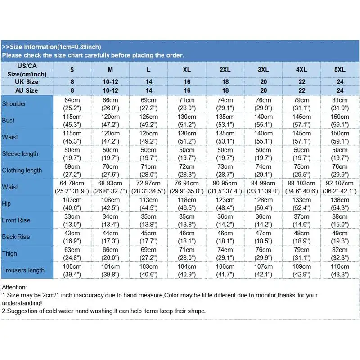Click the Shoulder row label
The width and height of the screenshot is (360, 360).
tap(14, 104)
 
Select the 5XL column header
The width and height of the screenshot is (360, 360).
tap(340, 70)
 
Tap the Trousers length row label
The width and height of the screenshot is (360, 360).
tap(23, 270)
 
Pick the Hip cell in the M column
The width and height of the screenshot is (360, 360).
tap(110, 203)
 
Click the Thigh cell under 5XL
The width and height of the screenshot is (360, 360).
tap(340, 253)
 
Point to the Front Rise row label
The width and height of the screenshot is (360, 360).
tap(16, 220)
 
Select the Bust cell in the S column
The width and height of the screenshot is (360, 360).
tap(72, 121)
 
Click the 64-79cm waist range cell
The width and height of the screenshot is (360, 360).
tap(72, 187)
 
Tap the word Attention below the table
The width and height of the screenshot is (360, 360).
tap(14, 287)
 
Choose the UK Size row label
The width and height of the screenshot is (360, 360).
tap(26, 82)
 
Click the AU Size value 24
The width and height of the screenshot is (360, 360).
tap(340, 90)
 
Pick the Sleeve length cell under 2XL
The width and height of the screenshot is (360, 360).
tap(225, 153)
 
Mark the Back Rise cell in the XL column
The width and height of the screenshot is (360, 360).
tap(187, 237)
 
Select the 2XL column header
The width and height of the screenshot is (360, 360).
tap(225, 70)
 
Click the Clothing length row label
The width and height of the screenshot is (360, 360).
tap(22, 170)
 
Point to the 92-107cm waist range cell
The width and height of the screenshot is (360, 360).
tap(340, 187)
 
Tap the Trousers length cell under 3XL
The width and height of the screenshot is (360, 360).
tap(263, 270)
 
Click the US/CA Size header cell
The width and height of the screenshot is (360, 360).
tap(26, 70)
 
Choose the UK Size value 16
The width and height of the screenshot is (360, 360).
tap(187, 82)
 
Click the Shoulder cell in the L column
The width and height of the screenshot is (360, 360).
tap(148, 104)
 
